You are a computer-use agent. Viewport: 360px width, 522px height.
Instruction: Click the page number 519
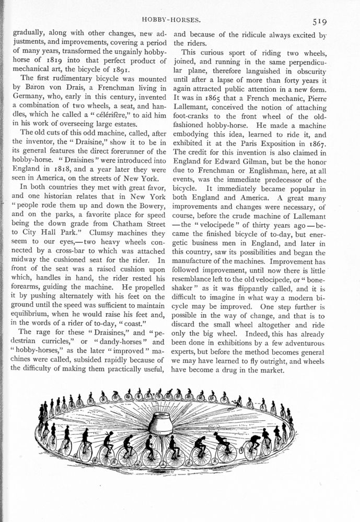coord(319,22)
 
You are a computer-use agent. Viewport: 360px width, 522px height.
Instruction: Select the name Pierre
coord(313,97)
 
